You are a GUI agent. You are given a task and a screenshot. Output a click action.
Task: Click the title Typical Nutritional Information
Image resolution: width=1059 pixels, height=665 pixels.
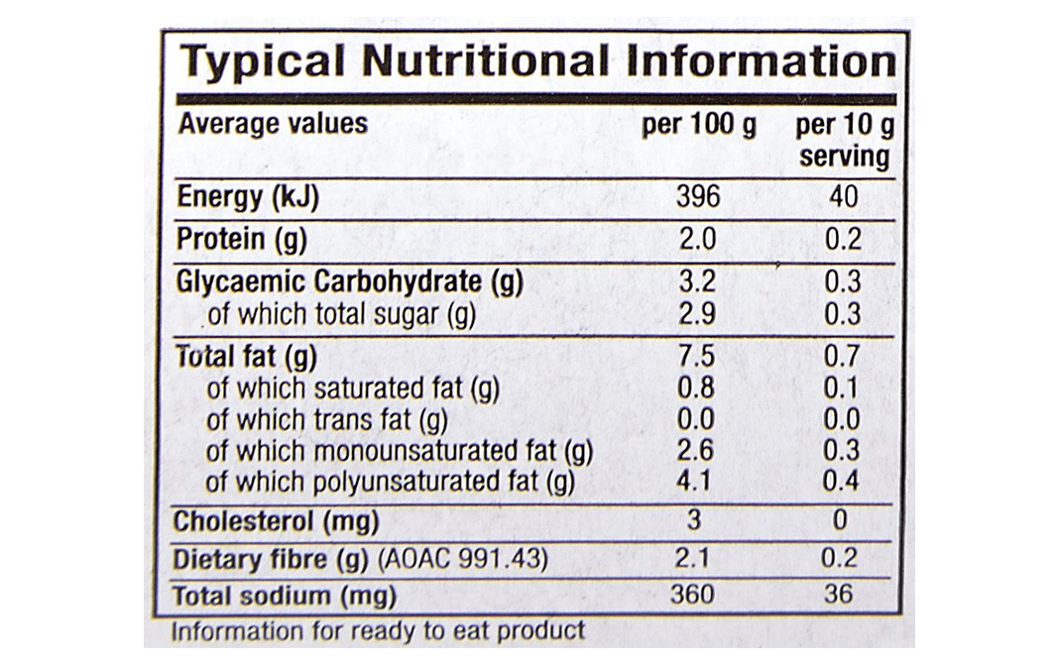pos(536,61)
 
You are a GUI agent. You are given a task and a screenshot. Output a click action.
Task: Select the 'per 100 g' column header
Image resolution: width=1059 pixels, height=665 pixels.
pos(698,126)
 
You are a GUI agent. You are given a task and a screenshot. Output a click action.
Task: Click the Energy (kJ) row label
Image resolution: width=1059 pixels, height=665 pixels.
pos(248,197)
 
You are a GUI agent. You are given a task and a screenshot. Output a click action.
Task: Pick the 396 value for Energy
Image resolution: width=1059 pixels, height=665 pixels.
pos(698,197)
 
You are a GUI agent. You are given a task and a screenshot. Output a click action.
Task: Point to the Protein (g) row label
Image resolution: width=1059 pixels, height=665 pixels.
pos(242,239)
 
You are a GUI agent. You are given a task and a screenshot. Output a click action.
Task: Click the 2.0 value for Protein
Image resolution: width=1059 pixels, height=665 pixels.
pos(697,239)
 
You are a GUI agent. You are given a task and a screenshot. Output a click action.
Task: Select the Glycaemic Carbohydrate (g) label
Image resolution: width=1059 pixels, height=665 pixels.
pos(349,282)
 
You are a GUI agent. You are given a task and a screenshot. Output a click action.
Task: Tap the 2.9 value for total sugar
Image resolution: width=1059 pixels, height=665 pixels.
pos(697,315)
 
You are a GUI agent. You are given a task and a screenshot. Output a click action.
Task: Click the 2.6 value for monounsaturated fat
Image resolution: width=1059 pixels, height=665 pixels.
pos(696,452)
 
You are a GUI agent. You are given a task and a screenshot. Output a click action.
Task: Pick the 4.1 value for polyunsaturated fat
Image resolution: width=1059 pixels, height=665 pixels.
pos(696,483)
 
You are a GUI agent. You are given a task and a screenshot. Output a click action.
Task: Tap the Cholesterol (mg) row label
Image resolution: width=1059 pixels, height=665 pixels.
pos(277,521)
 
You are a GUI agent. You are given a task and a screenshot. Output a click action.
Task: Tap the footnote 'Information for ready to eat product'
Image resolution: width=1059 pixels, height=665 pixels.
pos(378,630)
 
